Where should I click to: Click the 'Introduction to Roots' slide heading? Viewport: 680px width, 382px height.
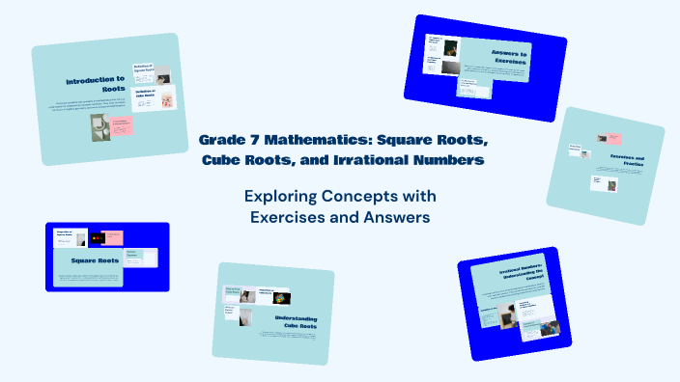96,86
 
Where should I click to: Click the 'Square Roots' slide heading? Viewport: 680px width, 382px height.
95,259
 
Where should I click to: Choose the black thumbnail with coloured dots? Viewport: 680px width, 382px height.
96,237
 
